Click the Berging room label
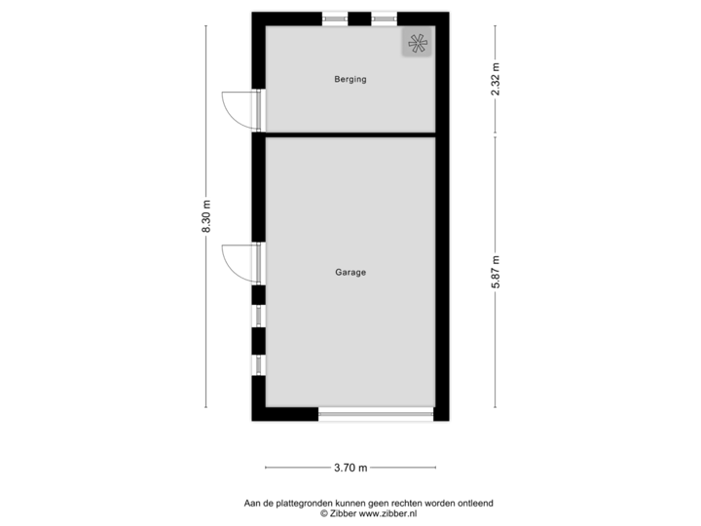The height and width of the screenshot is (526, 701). point(350,80)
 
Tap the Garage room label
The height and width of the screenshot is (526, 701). point(350,273)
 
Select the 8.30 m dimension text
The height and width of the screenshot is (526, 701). point(205,216)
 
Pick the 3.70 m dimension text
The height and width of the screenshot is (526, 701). point(350,468)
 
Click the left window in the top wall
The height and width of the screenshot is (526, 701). point(335,19)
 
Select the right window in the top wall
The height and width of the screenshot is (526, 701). point(385,19)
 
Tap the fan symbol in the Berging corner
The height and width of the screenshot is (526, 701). point(417,43)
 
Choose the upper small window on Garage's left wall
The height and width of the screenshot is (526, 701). point(258,316)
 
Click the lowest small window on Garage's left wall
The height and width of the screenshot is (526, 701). point(258,365)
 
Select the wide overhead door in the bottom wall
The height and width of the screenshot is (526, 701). point(376,414)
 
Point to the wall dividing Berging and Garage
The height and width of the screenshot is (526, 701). point(350,133)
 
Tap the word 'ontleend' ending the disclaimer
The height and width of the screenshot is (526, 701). point(478,504)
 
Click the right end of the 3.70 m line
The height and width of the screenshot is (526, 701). point(435,468)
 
